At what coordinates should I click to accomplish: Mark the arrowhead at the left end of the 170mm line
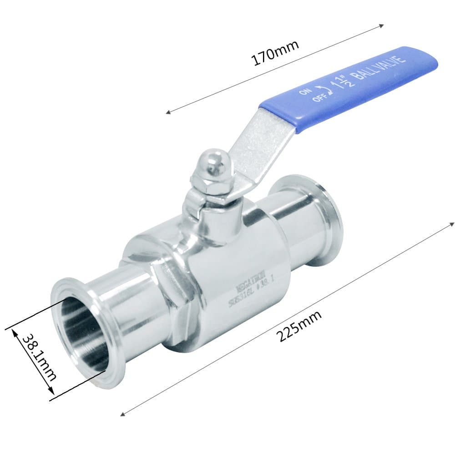tap(168, 111)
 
